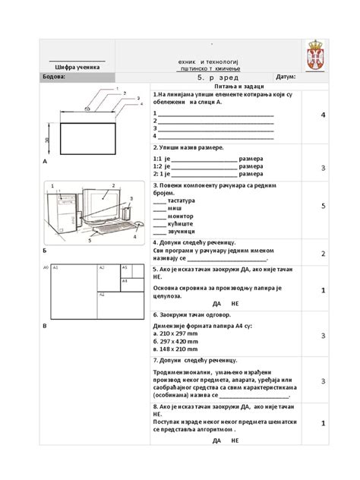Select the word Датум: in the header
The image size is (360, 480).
pyautogui.click(x=286, y=77)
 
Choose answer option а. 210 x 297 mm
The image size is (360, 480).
pyautogui.click(x=179, y=333)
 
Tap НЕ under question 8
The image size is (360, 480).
pyautogui.click(x=235, y=441)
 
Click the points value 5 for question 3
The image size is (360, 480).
pyautogui.click(x=323, y=206)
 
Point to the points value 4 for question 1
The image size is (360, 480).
pyautogui.click(x=323, y=115)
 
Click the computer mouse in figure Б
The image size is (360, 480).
pyautogui.click(x=137, y=224)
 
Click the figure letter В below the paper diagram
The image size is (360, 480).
pyautogui.click(x=45, y=325)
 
